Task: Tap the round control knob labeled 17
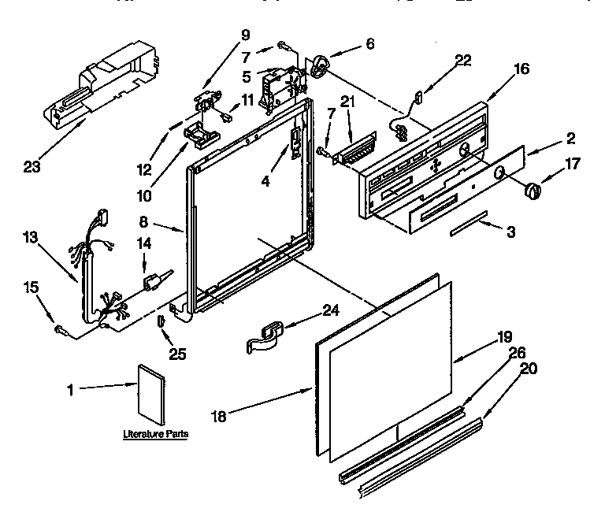point(533,190)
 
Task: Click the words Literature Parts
point(156,434)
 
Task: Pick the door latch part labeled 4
point(295,144)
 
